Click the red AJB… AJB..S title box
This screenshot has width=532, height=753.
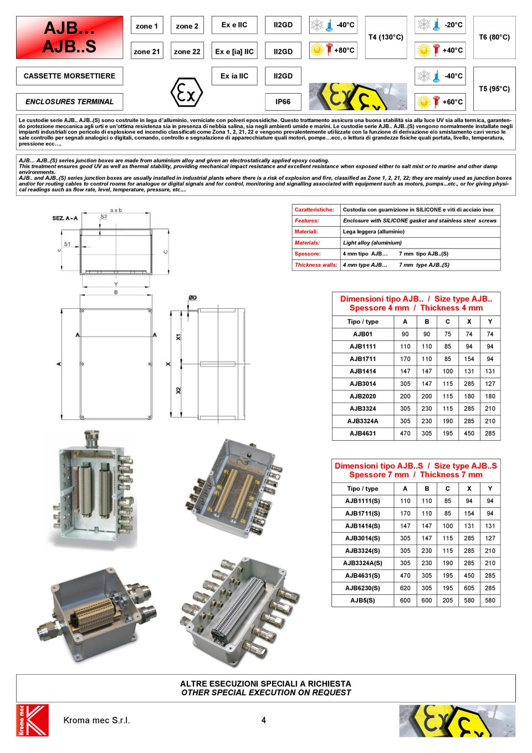coord(69,37)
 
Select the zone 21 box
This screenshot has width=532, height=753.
coord(147,52)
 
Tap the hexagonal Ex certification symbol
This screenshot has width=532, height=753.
coord(186,94)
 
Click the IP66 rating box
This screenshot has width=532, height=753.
coord(283,101)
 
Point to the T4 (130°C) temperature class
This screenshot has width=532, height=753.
coord(386,37)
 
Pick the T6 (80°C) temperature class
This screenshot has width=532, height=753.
coord(494,37)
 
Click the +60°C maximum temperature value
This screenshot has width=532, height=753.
coord(452,102)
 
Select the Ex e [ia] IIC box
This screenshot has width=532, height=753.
coord(234,52)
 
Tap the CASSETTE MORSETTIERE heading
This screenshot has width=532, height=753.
coord(69,76)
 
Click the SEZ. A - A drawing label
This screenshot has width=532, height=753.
coord(65,218)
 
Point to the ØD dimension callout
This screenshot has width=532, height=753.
coord(192,298)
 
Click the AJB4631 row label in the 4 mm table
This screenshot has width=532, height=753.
coord(362,434)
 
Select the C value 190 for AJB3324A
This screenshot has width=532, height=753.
coord(447,421)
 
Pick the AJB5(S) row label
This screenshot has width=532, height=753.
coord(362,601)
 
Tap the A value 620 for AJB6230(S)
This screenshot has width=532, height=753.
coord(405,588)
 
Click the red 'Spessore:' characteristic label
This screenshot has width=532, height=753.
coord(308,254)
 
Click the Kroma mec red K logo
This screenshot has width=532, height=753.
coord(33,720)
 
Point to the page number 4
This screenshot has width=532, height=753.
coord(264,720)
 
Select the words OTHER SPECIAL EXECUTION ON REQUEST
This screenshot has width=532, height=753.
coord(266,693)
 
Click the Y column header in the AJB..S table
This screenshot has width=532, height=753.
coord(490,489)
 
